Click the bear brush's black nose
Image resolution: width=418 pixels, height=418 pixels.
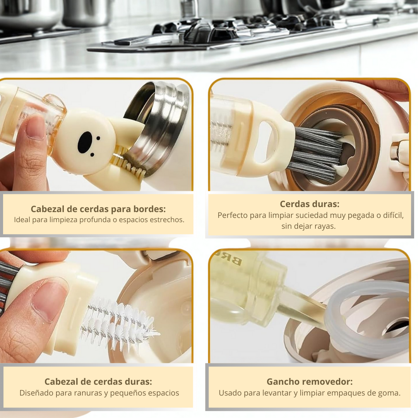(x=85, y=142)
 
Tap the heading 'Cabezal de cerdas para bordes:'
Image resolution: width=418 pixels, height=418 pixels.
(x=98, y=209)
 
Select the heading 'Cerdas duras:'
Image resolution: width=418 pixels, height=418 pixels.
(x=309, y=204)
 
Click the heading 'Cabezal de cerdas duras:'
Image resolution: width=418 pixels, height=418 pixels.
(x=98, y=382)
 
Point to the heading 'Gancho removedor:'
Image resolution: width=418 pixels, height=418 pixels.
(x=309, y=382)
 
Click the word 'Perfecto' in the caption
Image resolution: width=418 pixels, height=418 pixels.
(x=233, y=215)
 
